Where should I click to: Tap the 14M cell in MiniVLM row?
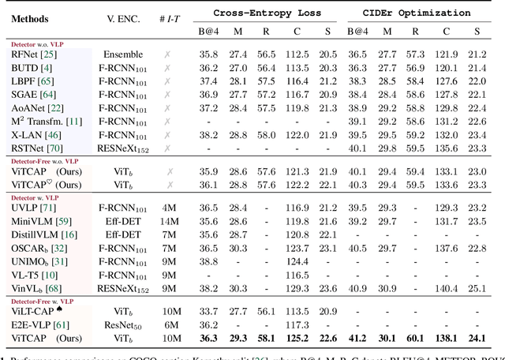tap(169, 221)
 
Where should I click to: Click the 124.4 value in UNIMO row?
tap(297, 260)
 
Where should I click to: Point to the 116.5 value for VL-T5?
tap(297, 274)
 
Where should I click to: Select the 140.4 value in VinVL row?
tap(446, 288)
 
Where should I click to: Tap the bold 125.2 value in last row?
tap(297, 338)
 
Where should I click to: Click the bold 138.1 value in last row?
tap(446, 338)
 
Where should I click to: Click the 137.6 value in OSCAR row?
tap(446, 248)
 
